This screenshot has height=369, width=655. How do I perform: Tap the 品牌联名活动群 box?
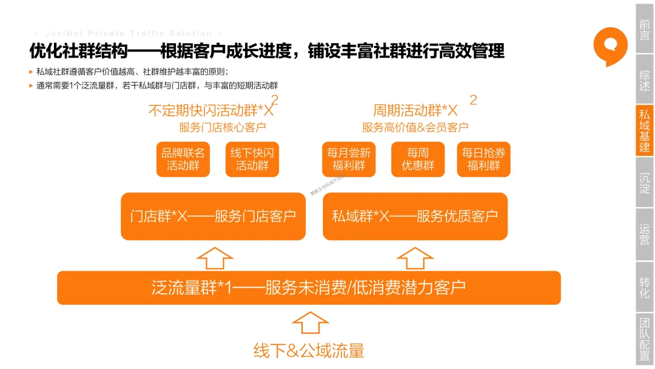[x=183, y=160]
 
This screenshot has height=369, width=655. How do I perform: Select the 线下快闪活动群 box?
[x=252, y=160]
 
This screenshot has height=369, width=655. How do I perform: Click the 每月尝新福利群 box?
[x=349, y=160]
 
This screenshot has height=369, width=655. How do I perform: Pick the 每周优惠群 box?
[x=418, y=160]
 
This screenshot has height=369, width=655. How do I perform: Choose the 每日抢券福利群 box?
[x=483, y=160]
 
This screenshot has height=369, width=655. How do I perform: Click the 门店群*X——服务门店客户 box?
[x=213, y=216]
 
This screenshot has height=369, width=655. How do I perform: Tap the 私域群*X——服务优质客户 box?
[x=415, y=216]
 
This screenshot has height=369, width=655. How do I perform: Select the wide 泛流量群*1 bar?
[x=309, y=288]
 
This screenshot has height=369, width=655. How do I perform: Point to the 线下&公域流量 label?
[x=309, y=350]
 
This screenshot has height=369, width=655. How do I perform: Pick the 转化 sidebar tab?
[x=644, y=287]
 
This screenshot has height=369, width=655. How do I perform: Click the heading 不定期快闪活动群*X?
[x=211, y=111]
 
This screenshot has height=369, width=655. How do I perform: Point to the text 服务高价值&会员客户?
[x=415, y=127]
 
